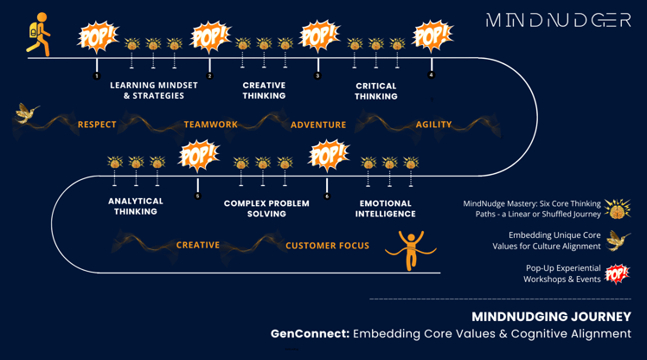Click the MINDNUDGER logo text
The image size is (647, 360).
tap(558, 20)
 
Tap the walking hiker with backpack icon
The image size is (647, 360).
tap(39, 35)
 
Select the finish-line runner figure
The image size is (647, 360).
tap(411, 250)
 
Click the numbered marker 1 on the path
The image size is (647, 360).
tap(97, 76)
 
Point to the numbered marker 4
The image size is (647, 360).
tap(432, 74)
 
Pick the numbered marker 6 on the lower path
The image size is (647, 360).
tap(327, 196)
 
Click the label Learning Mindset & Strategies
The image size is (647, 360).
tap(154, 90)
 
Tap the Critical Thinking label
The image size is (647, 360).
tap(376, 91)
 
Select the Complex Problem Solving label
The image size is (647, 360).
tap(266, 209)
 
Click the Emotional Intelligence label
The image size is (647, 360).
tap(386, 209)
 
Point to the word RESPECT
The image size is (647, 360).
tap(97, 125)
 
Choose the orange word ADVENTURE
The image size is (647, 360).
tap(318, 125)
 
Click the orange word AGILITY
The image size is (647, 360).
tap(433, 125)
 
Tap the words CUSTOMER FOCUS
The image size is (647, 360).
tap(327, 246)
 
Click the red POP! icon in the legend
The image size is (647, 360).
tap(617, 273)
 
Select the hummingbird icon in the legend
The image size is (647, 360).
tap(618, 241)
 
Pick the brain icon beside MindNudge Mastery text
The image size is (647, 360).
tap(618, 209)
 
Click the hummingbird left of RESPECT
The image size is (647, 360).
tap(27, 113)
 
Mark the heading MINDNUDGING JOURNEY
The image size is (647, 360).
tap(551, 317)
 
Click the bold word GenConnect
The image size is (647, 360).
tap(310, 333)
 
